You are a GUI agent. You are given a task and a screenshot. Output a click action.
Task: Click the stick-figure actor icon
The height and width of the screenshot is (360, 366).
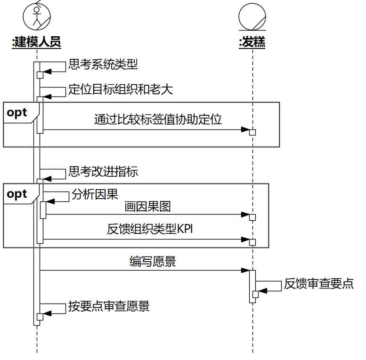point(37,16)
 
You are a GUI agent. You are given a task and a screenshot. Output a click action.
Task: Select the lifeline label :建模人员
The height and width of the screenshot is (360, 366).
point(37,42)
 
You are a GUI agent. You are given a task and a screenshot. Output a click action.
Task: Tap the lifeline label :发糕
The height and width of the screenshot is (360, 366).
point(252,42)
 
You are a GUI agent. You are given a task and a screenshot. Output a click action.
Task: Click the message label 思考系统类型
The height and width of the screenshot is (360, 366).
point(103,64)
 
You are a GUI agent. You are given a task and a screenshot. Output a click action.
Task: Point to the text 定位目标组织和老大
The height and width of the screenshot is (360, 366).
point(121,89)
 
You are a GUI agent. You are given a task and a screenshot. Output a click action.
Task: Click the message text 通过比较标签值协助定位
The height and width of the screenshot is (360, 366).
point(158,119)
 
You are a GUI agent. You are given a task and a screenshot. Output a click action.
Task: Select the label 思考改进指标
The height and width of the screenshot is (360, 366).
point(103,171)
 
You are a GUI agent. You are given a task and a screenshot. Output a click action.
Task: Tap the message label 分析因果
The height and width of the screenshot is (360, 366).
point(95,194)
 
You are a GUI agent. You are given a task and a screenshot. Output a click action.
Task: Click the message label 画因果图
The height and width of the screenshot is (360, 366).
point(147,207)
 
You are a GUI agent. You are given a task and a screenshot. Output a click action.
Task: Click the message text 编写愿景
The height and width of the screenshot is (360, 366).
point(153,261)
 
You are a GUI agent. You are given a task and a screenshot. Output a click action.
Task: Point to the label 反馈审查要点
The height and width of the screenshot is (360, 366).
point(319,284)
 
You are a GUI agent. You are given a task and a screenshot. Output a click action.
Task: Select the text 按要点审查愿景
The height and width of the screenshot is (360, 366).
point(109,306)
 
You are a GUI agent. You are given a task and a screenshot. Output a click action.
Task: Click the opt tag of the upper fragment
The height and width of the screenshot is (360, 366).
point(17,113)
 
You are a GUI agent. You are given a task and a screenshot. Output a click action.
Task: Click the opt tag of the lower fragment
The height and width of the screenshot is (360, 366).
point(17,194)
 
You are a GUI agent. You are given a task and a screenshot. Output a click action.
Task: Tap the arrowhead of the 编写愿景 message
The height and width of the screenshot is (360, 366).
point(245,270)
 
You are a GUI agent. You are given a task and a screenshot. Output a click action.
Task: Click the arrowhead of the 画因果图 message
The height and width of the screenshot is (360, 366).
point(245,215)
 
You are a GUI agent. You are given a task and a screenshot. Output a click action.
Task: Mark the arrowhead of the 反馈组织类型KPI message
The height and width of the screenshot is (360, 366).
point(245,240)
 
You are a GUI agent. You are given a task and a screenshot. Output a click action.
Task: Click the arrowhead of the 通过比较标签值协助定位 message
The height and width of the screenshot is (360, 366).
point(245,129)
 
